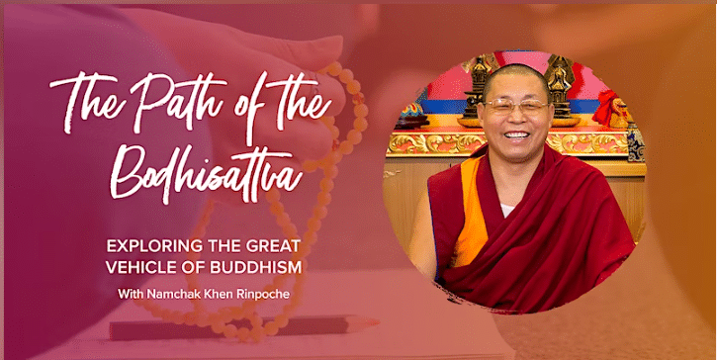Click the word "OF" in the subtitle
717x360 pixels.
[204, 267]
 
